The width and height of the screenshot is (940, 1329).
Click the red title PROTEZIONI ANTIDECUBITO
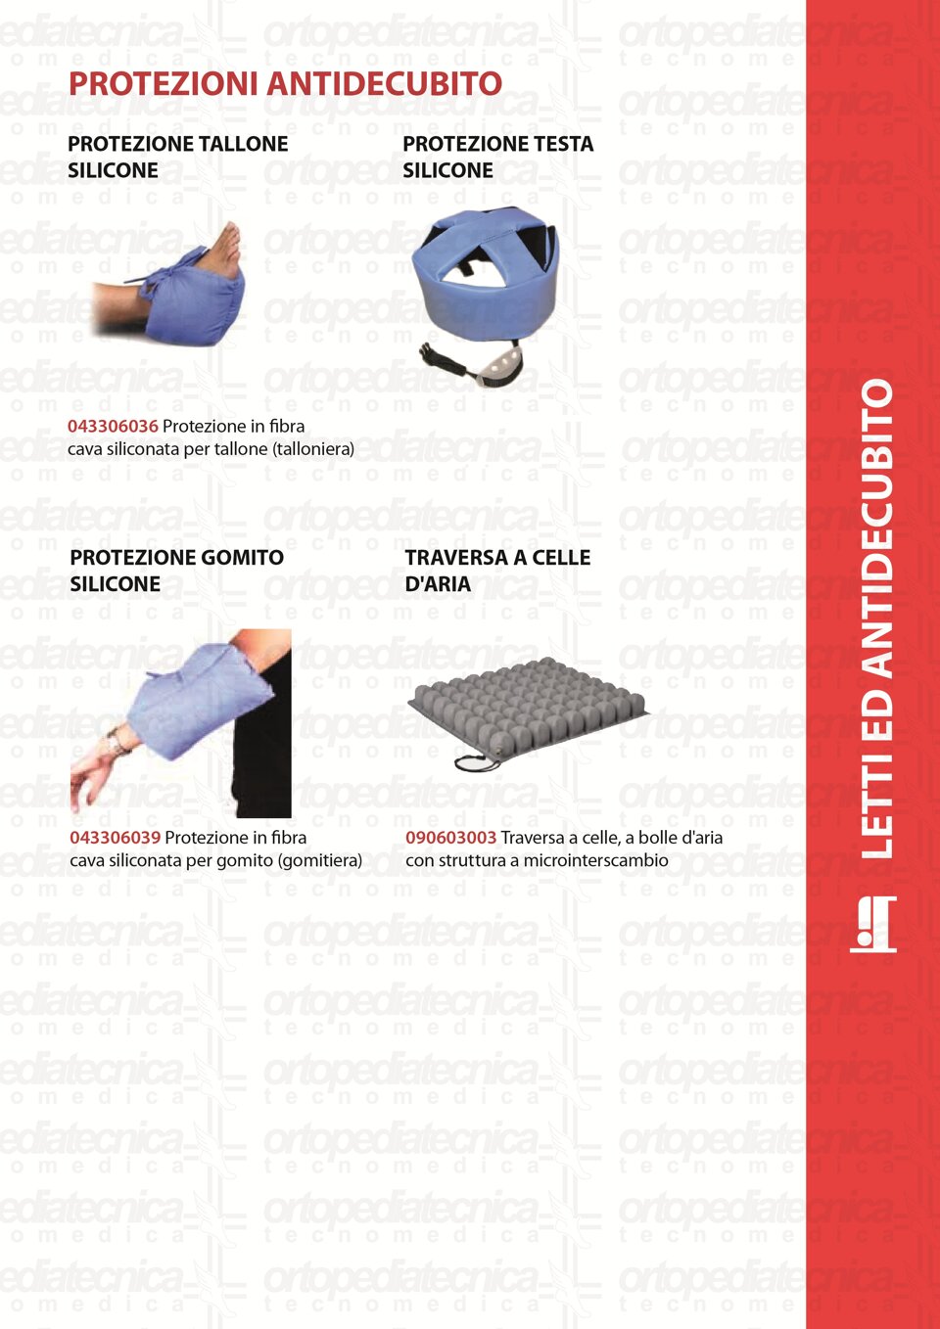click(286, 83)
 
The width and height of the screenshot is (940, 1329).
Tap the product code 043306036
click(113, 426)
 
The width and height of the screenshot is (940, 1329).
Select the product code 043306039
click(116, 837)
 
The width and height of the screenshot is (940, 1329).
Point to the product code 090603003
click(451, 837)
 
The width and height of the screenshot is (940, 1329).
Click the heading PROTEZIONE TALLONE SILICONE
click(178, 157)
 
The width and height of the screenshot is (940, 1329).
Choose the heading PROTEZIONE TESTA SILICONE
click(497, 157)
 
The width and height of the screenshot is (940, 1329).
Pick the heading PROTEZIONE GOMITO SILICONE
click(177, 571)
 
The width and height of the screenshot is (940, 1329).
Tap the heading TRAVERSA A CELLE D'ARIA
click(497, 571)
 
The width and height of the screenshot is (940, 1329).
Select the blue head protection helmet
click(485, 274)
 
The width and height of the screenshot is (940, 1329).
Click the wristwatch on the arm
click(117, 742)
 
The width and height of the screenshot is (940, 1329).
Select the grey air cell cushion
click(528, 709)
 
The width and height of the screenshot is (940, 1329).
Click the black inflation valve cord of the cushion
click(478, 763)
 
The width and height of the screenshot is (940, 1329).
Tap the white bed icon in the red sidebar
click(872, 925)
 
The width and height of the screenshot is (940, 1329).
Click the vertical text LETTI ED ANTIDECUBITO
click(876, 618)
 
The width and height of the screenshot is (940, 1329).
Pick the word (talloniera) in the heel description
click(313, 449)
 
